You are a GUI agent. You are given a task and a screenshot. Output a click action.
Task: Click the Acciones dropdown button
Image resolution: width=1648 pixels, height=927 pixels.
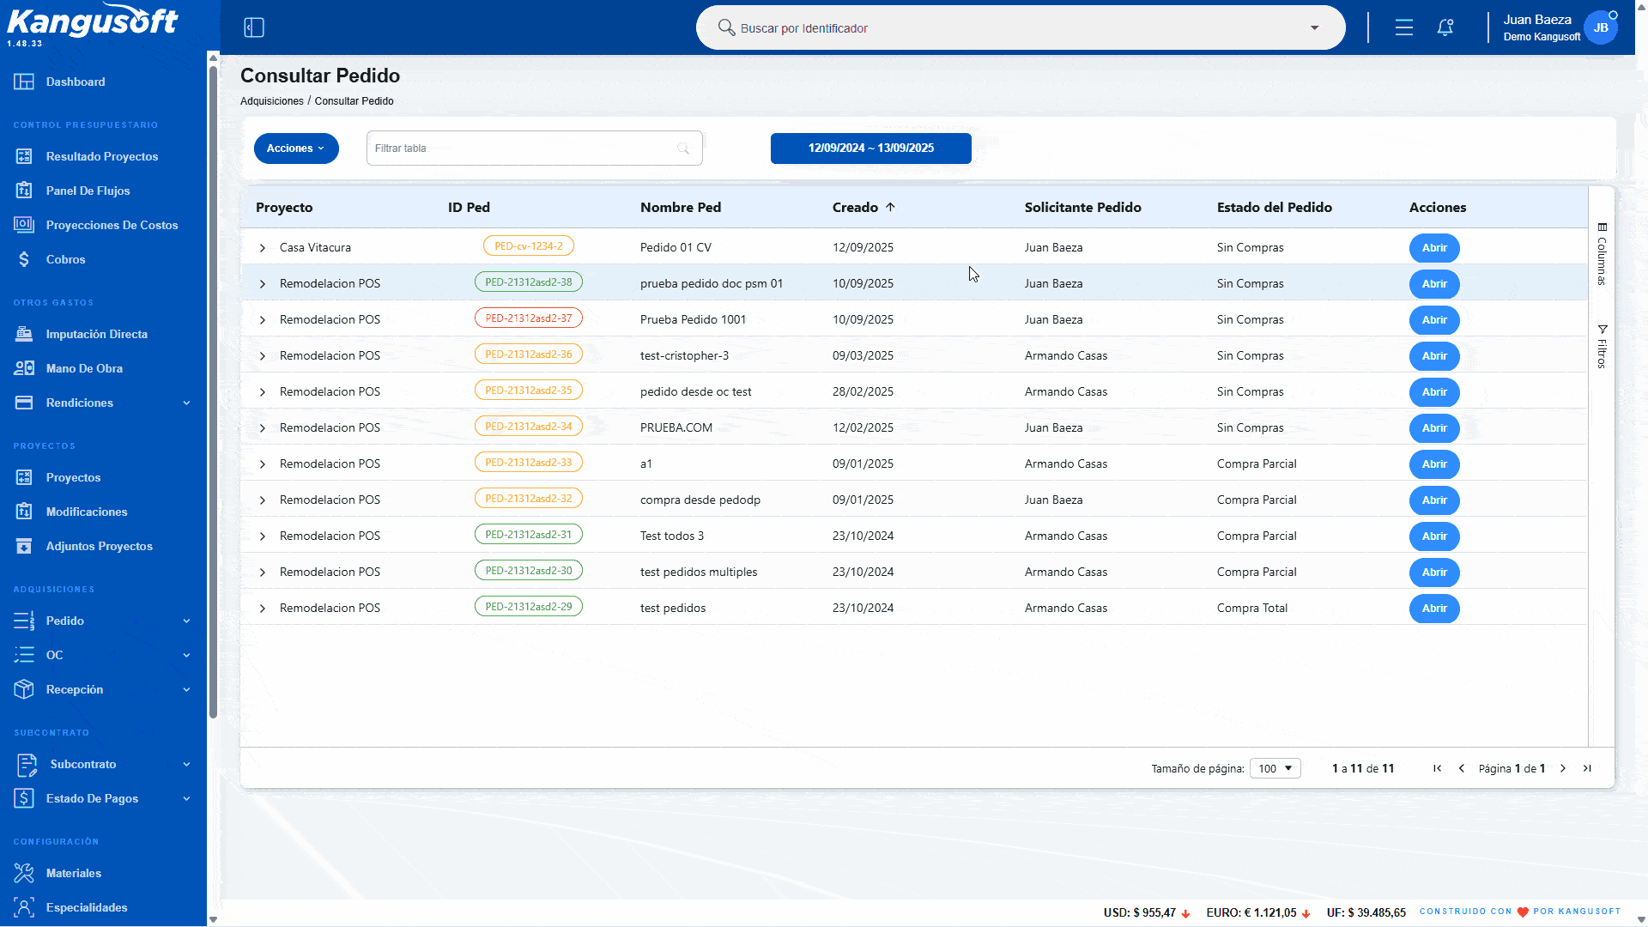point(296,148)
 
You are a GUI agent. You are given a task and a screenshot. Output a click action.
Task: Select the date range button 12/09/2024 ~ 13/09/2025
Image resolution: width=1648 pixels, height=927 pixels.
point(871,148)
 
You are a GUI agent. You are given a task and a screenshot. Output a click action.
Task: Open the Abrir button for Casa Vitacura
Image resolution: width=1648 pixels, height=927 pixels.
point(1434,248)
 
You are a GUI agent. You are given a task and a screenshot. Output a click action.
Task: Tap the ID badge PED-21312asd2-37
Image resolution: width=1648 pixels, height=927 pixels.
point(529,318)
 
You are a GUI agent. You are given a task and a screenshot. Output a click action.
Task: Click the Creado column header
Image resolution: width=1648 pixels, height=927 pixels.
point(855,208)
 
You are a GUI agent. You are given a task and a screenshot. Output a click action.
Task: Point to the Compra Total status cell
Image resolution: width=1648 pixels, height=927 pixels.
point(1252,609)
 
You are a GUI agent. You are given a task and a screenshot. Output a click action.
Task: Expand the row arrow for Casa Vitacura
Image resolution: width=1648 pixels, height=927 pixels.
point(263,248)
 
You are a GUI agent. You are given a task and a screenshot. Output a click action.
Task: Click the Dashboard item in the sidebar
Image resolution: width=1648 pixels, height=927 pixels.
point(76,82)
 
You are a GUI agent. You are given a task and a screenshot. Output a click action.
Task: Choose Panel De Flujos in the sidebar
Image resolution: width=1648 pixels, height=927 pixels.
point(88,191)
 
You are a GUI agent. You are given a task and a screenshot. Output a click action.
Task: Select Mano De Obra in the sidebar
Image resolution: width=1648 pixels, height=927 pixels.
point(84,369)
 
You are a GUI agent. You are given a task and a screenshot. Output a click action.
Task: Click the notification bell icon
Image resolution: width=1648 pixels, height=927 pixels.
point(1445,27)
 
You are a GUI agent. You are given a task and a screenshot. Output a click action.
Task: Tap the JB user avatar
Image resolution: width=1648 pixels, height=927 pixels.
point(1601,27)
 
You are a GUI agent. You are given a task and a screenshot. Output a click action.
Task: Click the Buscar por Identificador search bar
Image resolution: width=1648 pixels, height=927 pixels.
point(1020,28)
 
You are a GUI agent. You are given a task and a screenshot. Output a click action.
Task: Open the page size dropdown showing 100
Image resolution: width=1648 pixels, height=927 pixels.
point(1275,769)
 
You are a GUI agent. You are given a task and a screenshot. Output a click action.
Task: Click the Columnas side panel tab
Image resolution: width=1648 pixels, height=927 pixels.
point(1602,255)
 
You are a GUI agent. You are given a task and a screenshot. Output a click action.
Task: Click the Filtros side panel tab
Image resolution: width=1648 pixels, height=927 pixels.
point(1602,347)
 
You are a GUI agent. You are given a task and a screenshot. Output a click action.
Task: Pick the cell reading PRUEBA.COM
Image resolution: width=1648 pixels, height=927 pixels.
point(676,428)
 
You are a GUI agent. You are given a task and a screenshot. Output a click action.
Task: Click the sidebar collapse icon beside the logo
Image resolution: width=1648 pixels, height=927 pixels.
point(254,27)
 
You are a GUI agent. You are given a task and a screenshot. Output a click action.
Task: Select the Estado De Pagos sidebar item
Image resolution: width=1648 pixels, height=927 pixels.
point(92,799)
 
